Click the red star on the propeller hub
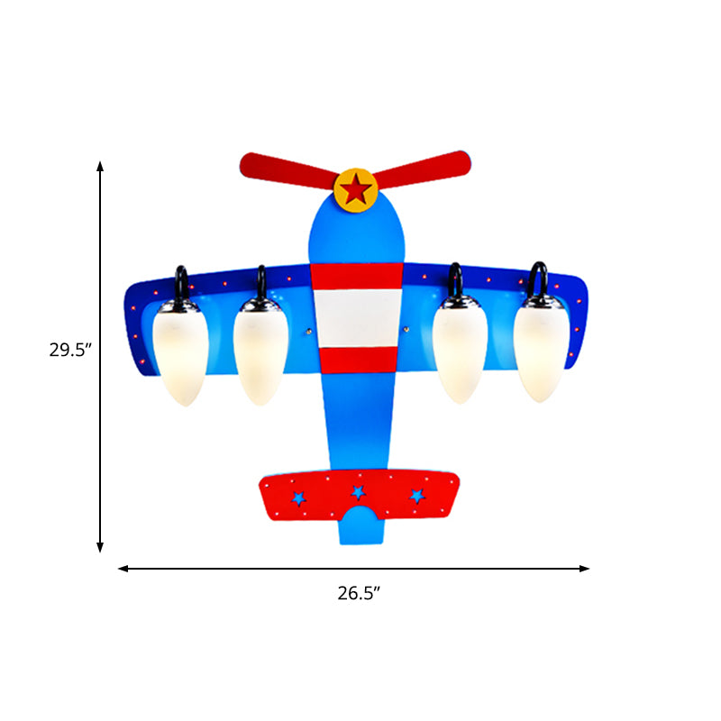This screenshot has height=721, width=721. (x=355, y=189)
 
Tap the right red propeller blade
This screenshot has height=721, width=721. (x=421, y=169)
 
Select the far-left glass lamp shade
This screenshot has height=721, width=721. (x=180, y=353)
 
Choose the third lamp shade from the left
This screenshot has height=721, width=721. (x=460, y=351)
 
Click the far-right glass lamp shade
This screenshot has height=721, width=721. (x=542, y=351)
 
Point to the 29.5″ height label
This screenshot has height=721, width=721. (x=71, y=350)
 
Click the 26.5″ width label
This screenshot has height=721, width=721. (x=359, y=593)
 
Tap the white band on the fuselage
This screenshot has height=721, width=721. (x=357, y=318)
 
